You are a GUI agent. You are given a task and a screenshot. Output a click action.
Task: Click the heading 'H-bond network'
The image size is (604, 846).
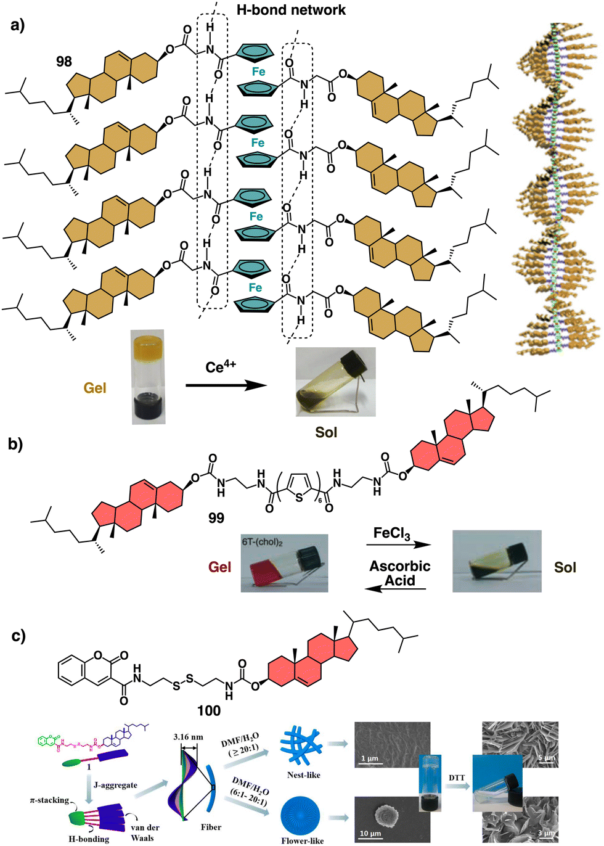tap(291, 10)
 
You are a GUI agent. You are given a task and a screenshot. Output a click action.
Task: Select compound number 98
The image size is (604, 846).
tap(63, 62)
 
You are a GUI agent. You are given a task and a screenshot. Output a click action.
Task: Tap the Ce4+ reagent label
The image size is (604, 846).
tap(220, 368)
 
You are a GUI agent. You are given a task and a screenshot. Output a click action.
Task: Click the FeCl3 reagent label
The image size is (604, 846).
tap(391, 533)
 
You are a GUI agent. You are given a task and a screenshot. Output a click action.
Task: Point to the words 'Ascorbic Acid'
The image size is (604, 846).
tap(399, 573)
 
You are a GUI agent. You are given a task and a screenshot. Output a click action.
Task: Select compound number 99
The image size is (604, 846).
tap(216, 518)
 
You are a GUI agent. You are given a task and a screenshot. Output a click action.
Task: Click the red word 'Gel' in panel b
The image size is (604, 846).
tap(219, 567)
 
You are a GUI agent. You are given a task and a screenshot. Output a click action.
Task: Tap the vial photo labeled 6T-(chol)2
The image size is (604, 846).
tap(284, 563)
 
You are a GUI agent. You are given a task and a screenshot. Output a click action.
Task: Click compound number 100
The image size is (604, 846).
tap(208, 711)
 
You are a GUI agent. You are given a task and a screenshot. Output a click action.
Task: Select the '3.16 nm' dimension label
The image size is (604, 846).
tap(188, 737)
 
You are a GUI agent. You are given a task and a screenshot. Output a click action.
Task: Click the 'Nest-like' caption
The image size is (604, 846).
tap(303, 775)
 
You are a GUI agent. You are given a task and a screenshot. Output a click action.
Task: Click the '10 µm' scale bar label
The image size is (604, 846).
tap(370, 833)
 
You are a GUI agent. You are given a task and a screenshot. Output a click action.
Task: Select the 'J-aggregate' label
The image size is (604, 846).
tap(115, 785)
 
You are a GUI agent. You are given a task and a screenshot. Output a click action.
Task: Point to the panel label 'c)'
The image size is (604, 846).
tap(18, 636)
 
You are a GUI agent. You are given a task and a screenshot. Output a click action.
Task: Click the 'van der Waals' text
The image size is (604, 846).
tap(144, 832)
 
